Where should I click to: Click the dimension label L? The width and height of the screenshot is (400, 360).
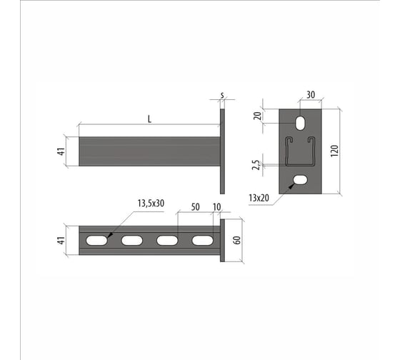click(x=149, y=119)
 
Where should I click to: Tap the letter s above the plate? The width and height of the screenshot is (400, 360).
click(x=222, y=96)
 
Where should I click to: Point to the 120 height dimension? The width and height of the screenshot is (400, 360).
click(x=334, y=151)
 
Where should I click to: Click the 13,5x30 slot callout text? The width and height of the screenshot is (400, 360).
click(x=151, y=204)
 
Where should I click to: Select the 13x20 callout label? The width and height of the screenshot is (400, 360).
click(x=259, y=198)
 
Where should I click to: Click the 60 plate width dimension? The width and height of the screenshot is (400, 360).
click(x=237, y=240)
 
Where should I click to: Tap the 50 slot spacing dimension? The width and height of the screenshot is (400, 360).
click(x=196, y=207)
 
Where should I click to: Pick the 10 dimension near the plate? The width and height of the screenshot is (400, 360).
click(x=216, y=207)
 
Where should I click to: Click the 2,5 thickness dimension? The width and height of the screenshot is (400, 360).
click(x=256, y=165)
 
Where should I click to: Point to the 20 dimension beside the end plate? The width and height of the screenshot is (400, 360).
click(x=258, y=116)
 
